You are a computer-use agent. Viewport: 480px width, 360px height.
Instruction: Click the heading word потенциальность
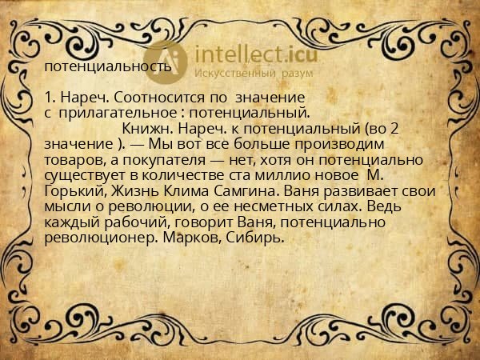[x=107, y=66]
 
